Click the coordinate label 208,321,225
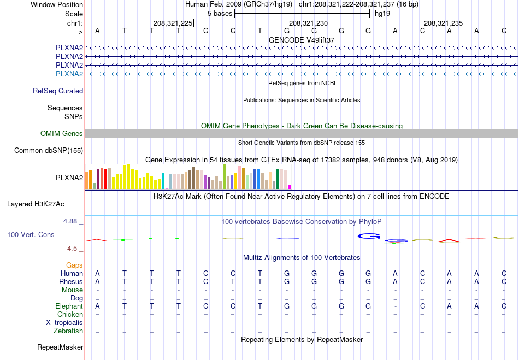[x=173, y=23]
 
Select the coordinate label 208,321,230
[x=308, y=23]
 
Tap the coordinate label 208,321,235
[x=443, y=23]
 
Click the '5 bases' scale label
[x=220, y=14]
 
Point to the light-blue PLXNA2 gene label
[x=69, y=74]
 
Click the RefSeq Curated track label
[x=58, y=91]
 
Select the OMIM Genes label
[x=62, y=133]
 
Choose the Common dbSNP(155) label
[x=49, y=151]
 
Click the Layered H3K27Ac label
[x=36, y=204]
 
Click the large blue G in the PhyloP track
[x=369, y=236]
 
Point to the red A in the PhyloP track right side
[x=449, y=240]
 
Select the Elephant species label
[x=69, y=306]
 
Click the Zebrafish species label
[x=68, y=331]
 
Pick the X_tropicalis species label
[x=64, y=323]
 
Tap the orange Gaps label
[x=74, y=265]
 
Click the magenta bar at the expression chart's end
[x=290, y=187]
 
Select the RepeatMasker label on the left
[x=60, y=347]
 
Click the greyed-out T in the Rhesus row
[x=233, y=281]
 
